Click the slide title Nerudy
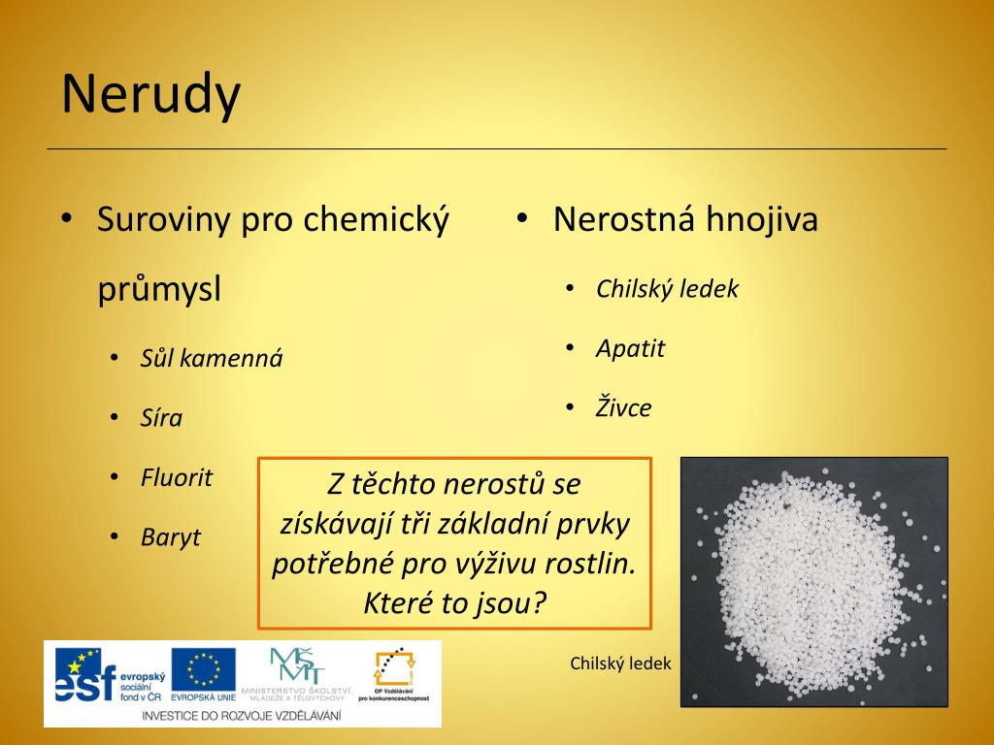150,95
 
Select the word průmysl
159,289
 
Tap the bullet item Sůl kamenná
211,358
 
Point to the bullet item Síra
161,418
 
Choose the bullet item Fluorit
176,477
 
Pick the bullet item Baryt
170,536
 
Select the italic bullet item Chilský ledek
667,288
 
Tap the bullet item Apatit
630,348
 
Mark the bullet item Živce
623,408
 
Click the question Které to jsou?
454,602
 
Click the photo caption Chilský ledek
620,664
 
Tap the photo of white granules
813,581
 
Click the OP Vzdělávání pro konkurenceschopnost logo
393,673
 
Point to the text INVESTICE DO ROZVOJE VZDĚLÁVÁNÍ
242,715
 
